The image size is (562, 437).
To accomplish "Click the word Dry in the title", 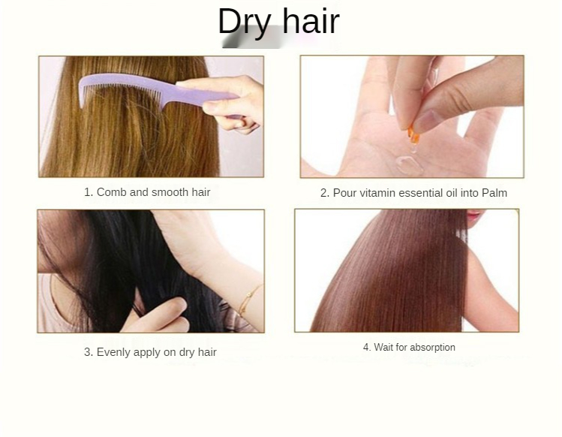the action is (x=245, y=22).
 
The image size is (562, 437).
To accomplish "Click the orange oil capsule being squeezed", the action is (x=413, y=134).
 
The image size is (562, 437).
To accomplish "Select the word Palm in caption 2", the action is (x=494, y=193).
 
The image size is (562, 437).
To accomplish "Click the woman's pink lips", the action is (x=474, y=215).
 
